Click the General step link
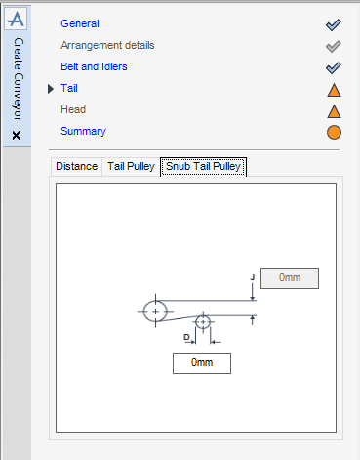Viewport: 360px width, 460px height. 79,23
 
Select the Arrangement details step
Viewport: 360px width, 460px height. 107,45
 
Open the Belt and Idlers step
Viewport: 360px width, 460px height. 94,66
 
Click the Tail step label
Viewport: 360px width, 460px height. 68,88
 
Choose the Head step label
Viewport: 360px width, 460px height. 74,109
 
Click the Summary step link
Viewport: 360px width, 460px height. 83,131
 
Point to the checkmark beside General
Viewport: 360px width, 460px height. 334,24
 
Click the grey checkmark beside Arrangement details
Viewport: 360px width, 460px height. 334,46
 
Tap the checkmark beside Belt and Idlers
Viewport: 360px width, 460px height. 334,67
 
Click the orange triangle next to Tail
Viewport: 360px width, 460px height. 334,89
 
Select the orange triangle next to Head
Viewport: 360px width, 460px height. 334,110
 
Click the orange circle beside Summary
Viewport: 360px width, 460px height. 334,132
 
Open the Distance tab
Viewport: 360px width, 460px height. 76,166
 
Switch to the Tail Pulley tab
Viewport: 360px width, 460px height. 130,166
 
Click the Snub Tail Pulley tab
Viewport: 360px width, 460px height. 203,166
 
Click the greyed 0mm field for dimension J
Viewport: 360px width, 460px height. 289,277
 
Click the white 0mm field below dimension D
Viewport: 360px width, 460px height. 202,362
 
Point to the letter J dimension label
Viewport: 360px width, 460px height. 253,277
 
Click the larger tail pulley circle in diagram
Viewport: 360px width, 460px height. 155,311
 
